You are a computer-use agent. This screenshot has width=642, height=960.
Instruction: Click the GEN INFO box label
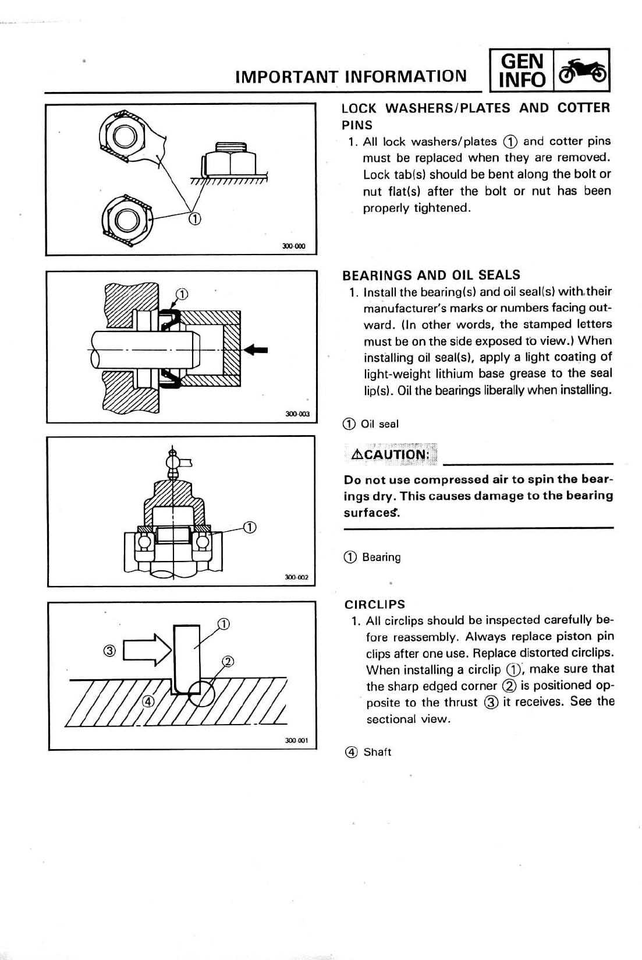tap(522, 70)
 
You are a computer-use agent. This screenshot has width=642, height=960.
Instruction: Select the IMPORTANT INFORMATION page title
tap(350, 76)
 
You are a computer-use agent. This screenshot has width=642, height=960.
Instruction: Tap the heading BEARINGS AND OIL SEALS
tap(431, 275)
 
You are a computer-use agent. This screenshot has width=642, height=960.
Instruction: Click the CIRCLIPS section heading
tap(374, 604)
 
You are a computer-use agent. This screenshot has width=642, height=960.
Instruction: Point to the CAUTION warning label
tap(391, 454)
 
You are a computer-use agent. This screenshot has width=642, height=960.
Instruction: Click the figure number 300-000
tap(293, 246)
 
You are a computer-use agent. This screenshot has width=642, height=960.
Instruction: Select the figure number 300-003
tap(297, 414)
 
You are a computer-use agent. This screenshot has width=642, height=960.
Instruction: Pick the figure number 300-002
tap(296, 577)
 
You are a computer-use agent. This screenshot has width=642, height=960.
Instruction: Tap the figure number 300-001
tap(296, 740)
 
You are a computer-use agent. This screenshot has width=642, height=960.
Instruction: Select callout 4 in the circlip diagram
tap(148, 701)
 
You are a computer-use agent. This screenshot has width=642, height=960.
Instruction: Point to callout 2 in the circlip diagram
tap(228, 661)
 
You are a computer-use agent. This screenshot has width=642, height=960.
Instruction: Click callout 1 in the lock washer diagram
tap(194, 219)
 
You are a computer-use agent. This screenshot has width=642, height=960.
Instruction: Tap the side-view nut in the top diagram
tap(230, 160)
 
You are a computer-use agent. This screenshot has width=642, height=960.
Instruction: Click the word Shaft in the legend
tap(377, 752)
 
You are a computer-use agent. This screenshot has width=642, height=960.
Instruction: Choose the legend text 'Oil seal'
tap(379, 424)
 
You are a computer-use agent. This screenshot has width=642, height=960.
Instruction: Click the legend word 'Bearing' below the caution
tap(381, 557)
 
